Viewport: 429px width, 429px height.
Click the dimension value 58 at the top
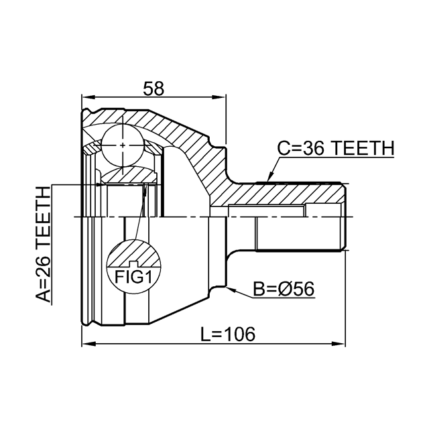[154, 88]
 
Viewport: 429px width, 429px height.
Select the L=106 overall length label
[228, 334]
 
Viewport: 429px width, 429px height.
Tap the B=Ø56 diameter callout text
[284, 289]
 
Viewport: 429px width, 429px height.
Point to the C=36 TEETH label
[336, 148]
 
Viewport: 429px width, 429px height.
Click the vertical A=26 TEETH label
[43, 244]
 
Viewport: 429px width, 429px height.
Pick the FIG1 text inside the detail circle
[133, 277]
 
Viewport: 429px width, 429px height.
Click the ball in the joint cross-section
[123, 145]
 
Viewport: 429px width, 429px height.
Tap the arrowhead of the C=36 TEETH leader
[269, 177]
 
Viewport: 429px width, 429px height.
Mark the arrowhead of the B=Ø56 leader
[231, 289]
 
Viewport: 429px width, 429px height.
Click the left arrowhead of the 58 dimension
[88, 97]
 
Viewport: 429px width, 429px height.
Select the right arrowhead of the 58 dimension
[219, 97]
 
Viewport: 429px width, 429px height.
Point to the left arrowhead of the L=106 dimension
[88, 344]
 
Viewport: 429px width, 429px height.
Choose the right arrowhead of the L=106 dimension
[339, 344]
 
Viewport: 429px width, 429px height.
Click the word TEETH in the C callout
[364, 148]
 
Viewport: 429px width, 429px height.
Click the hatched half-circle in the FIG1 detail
[133, 253]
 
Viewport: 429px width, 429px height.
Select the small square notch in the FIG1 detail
[133, 264]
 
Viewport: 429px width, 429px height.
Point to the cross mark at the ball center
[123, 145]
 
